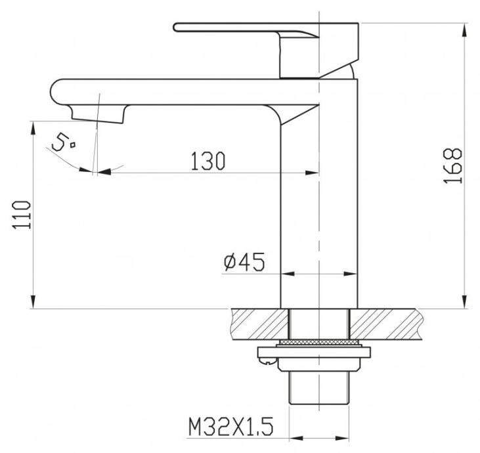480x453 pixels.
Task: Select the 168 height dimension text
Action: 453,165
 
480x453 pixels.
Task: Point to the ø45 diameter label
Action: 244,262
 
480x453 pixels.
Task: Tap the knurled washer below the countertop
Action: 319,343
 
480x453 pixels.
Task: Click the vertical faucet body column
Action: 319,197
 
